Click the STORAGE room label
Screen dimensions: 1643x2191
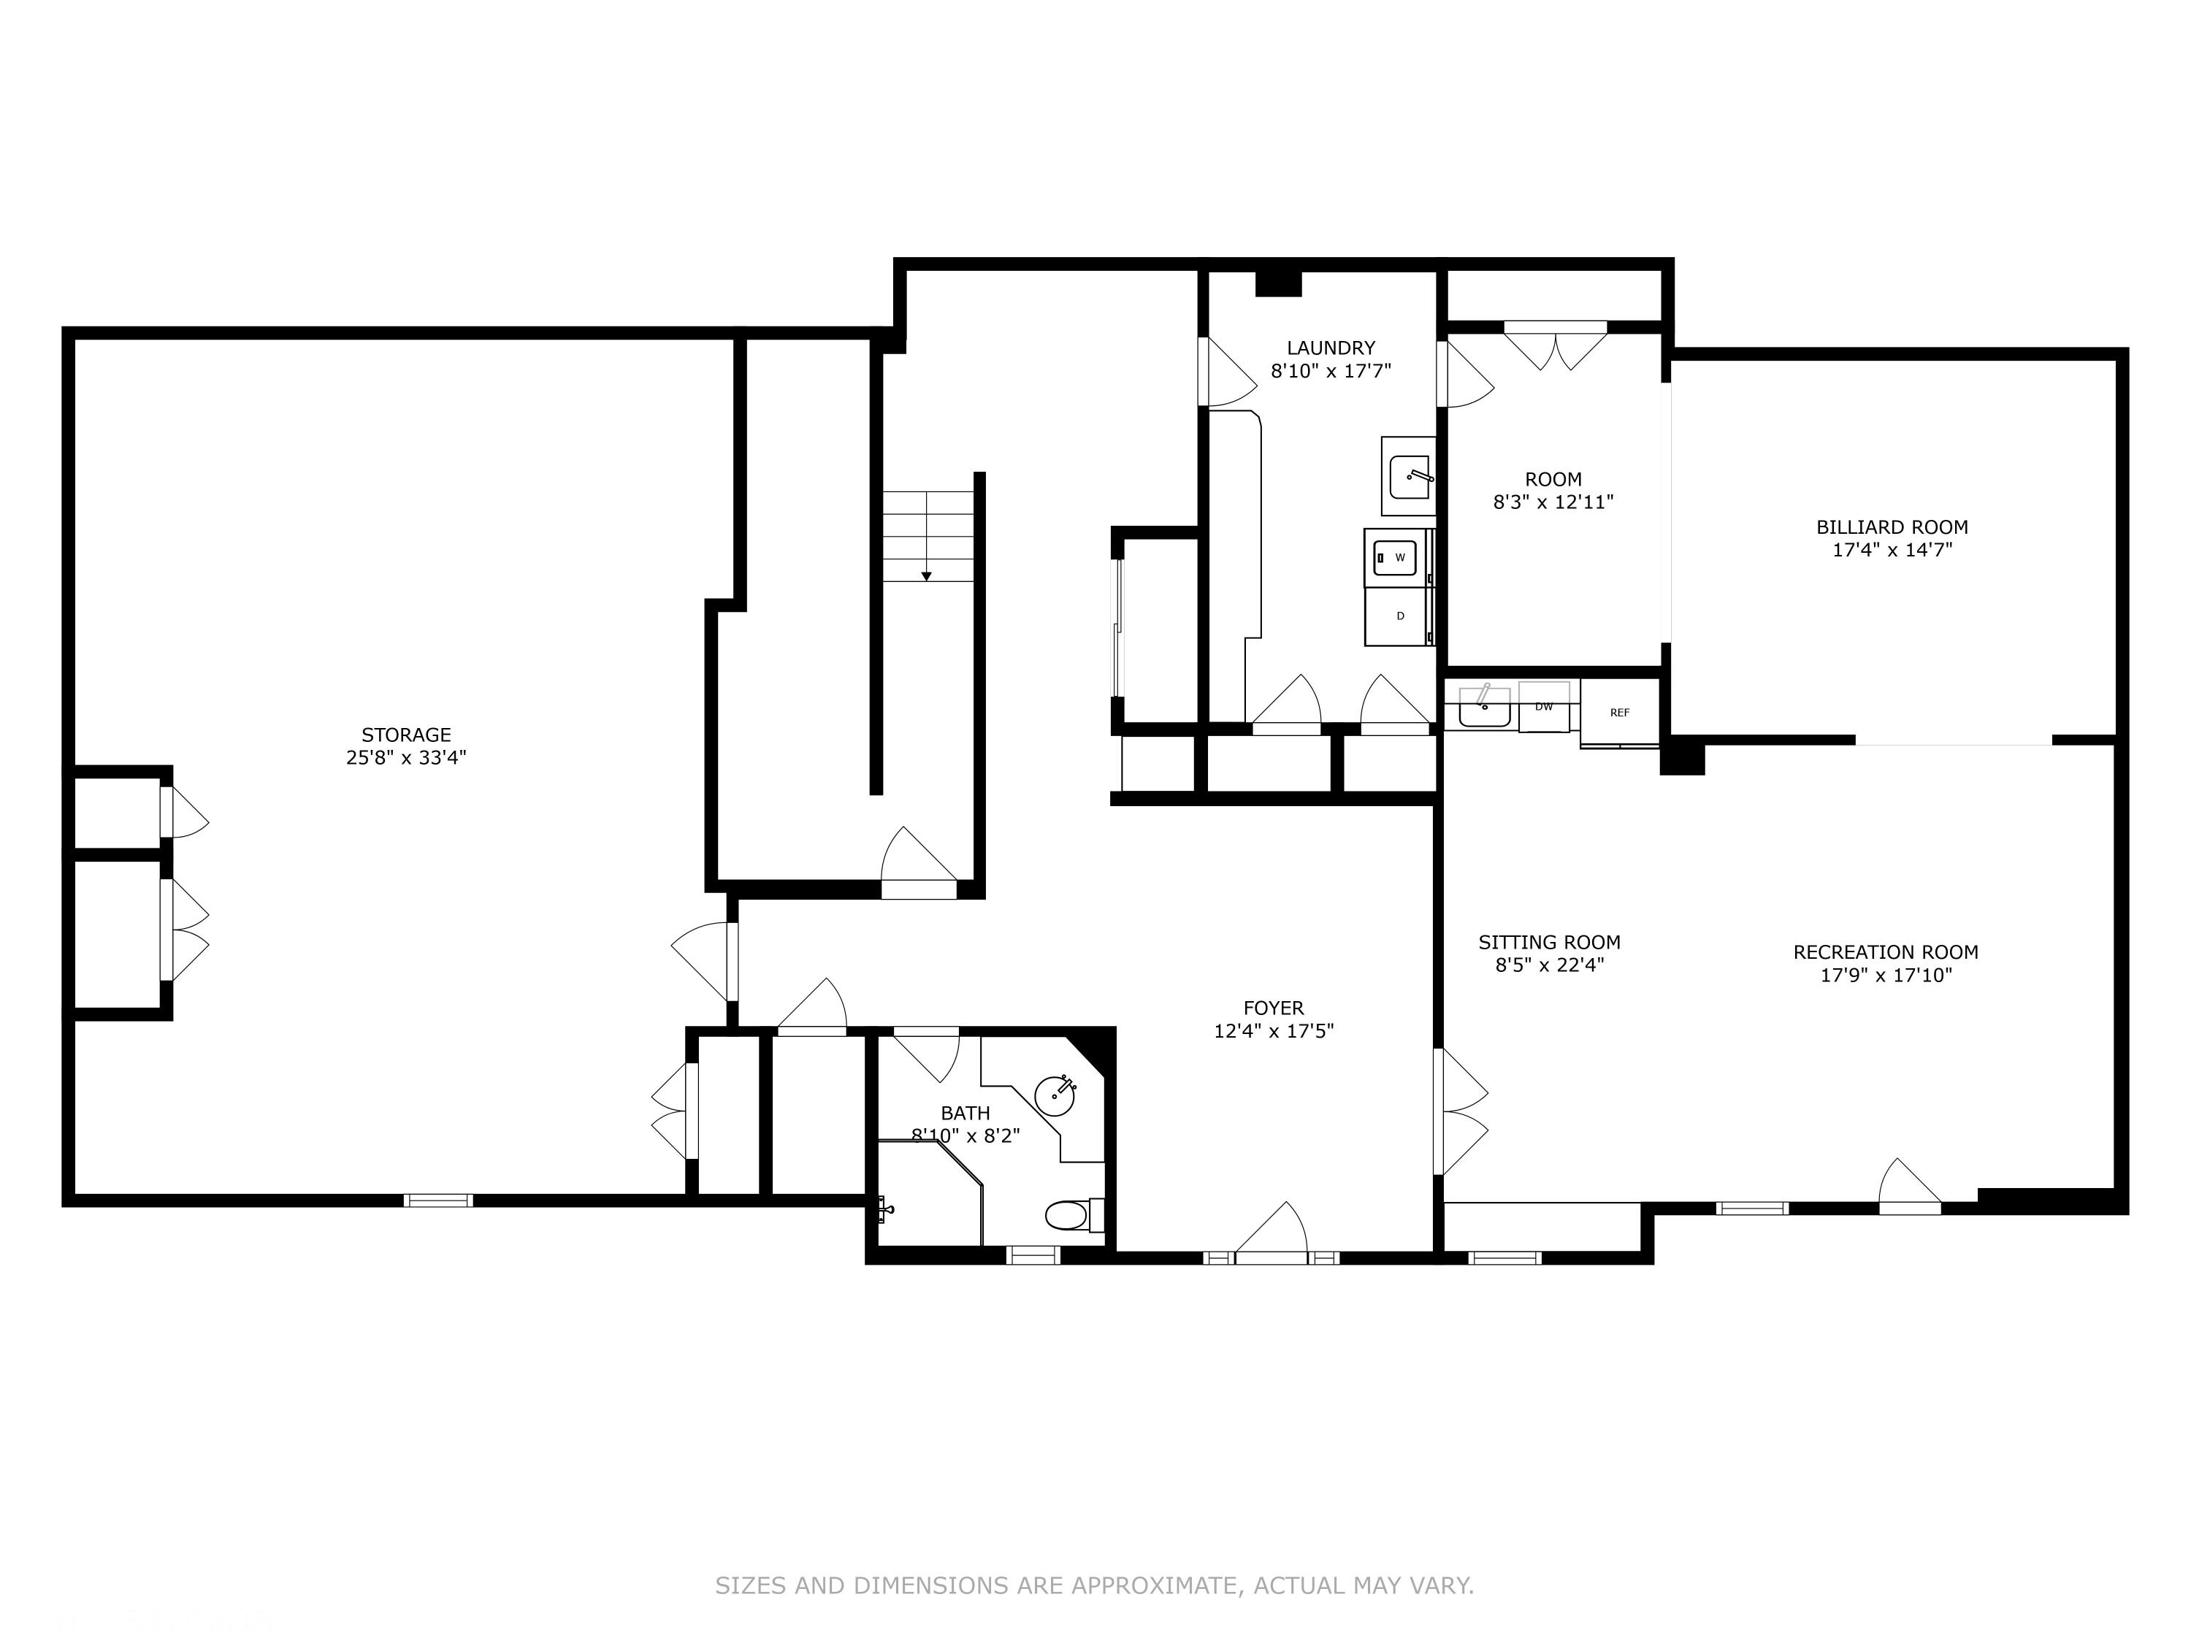[406, 735]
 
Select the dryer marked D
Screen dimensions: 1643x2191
[1399, 617]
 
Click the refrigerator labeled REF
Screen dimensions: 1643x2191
[1619, 712]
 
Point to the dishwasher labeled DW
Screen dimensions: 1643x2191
[1543, 707]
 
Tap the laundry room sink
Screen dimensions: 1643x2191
[1409, 478]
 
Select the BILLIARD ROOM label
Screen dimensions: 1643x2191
[1892, 528]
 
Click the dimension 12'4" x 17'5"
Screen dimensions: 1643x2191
[1274, 1031]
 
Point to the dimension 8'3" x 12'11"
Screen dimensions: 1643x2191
[1553, 502]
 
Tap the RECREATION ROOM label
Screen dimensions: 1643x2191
[1886, 951]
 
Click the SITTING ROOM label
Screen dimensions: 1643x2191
[1549, 942]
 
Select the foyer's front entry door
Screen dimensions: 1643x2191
[1272, 1238]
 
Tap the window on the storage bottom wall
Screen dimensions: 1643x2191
[437, 1200]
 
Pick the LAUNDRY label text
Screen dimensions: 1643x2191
[1330, 348]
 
